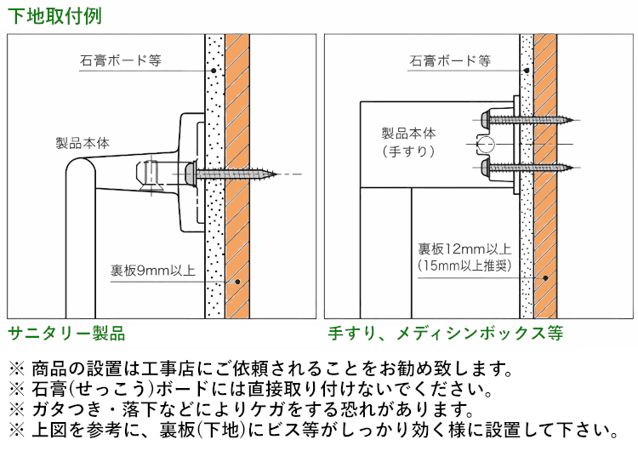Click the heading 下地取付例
(49, 15)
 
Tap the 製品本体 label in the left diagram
(83, 144)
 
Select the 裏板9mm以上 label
(153, 271)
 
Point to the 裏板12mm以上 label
(464, 249)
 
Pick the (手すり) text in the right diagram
(408, 151)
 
